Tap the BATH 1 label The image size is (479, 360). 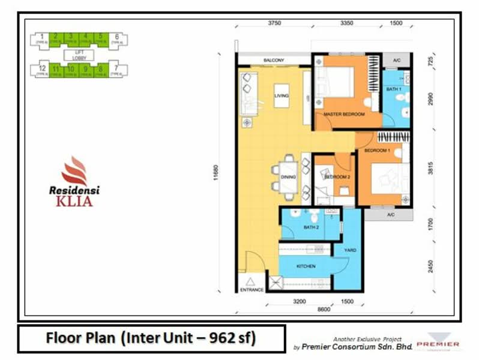pyautogui.click(x=393, y=89)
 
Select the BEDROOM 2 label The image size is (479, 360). pyautogui.click(x=337, y=177)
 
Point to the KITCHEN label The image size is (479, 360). pyautogui.click(x=306, y=265)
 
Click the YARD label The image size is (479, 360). pyautogui.click(x=349, y=250)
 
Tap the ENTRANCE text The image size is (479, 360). pyautogui.click(x=252, y=290)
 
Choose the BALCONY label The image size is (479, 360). pyautogui.click(x=273, y=61)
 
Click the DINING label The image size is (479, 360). pyautogui.click(x=289, y=178)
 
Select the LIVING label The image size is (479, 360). pyautogui.click(x=282, y=95)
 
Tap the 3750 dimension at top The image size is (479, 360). pyautogui.click(x=274, y=23)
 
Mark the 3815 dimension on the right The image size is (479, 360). pyautogui.click(x=429, y=170)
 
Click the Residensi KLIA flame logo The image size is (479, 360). pyautogui.click(x=74, y=170)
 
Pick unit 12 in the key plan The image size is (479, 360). pyautogui.click(x=41, y=69)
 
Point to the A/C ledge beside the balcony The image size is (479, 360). pyautogui.click(x=396, y=61)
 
